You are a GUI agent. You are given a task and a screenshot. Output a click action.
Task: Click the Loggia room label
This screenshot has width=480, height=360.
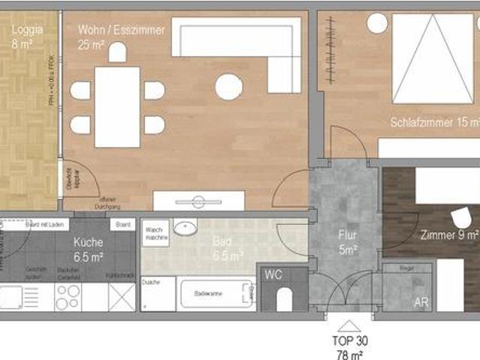[x=27, y=37]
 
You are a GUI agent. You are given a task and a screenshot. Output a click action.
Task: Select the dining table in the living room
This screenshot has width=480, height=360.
[x=117, y=106]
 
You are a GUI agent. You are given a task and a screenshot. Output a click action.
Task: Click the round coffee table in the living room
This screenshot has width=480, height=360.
[x=229, y=88]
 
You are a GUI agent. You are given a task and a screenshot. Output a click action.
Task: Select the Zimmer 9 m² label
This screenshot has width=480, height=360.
[x=449, y=234]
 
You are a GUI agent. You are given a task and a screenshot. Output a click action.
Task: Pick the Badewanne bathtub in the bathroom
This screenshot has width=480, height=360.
[x=216, y=294]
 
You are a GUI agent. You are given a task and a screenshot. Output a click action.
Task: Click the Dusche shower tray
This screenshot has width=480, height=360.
[x=157, y=295]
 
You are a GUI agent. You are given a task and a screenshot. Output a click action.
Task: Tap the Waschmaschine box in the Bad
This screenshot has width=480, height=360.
[x=155, y=232]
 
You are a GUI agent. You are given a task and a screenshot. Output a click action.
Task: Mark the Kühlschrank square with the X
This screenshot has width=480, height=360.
[x=121, y=295]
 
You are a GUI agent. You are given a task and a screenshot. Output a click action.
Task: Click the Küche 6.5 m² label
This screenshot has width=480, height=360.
[x=88, y=249]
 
